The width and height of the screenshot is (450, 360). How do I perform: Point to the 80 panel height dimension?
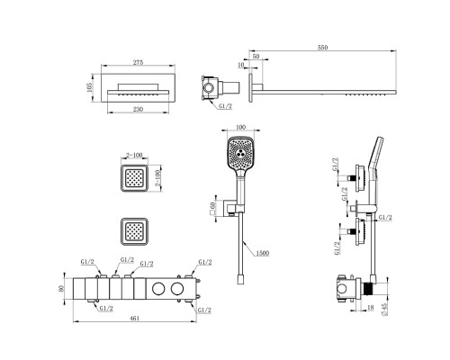(61, 288)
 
